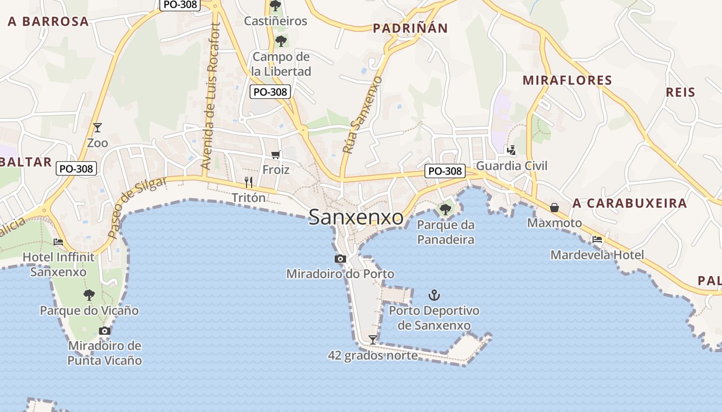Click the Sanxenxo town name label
(356, 217)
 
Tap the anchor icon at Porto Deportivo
(434, 295)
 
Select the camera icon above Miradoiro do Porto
(340, 259)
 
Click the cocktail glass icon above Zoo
(97, 127)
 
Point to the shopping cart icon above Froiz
(276, 154)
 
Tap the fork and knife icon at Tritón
(249, 182)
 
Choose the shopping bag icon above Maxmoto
(554, 208)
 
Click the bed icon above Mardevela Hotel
(597, 239)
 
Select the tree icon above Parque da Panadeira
(445, 209)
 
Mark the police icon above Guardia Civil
(511, 150)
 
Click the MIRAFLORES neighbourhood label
(567, 80)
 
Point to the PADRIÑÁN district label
(410, 28)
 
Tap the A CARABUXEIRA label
(630, 203)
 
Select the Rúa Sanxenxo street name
(363, 115)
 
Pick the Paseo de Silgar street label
(137, 207)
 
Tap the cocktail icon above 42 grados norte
(372, 339)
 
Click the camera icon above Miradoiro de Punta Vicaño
(105, 331)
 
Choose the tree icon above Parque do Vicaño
(89, 295)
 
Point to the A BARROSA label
(48, 22)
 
